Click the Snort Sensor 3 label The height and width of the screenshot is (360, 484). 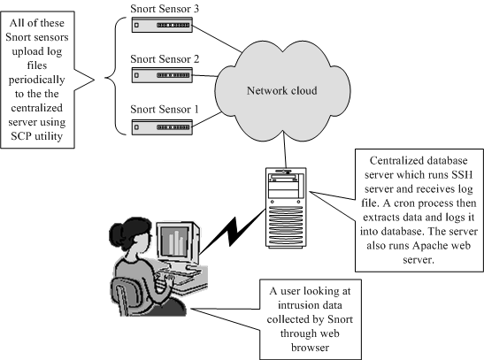pyautogui.click(x=165, y=9)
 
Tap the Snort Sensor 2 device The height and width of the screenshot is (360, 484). pyautogui.click(x=162, y=75)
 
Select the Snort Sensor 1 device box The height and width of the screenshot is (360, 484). pyautogui.click(x=162, y=127)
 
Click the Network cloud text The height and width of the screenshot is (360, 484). pyautogui.click(x=282, y=91)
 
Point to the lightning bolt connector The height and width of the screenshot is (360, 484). pyautogui.click(x=232, y=232)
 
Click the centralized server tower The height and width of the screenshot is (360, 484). pyautogui.click(x=286, y=208)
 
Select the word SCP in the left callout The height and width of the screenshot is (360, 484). pyautogui.click(x=21, y=136)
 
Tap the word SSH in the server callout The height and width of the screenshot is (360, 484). pyautogui.click(x=462, y=175)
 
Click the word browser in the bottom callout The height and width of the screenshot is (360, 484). pyautogui.click(x=310, y=348)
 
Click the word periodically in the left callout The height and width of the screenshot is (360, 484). pyautogui.click(x=37, y=80)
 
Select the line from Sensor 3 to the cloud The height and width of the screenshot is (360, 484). pyautogui.click(x=217, y=39)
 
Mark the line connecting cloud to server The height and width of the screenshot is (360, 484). pyautogui.click(x=285, y=149)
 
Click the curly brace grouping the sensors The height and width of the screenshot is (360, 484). pyautogui.click(x=115, y=76)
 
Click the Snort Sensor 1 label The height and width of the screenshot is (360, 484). pyautogui.click(x=165, y=109)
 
